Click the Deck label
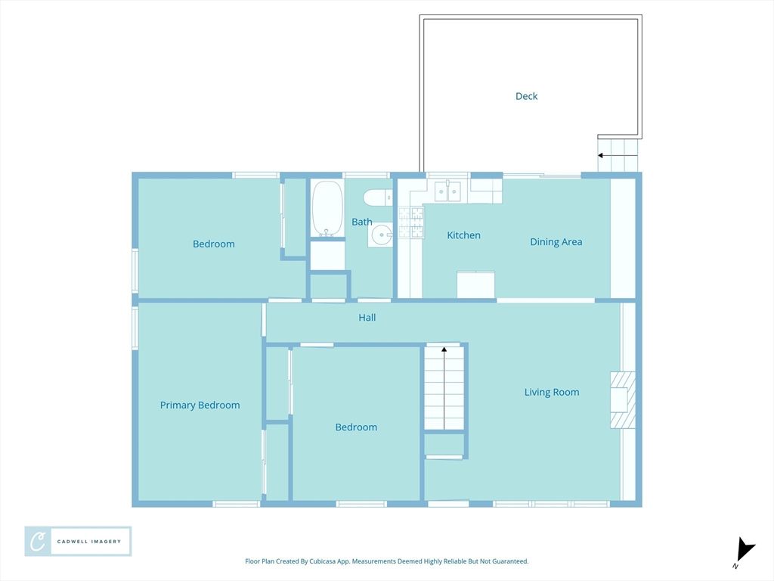(x=526, y=96)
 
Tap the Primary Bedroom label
(x=200, y=405)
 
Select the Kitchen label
(x=463, y=235)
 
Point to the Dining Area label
(x=556, y=241)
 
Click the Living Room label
(x=551, y=393)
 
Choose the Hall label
(x=367, y=318)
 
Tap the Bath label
(x=362, y=222)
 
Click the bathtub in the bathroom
(x=327, y=209)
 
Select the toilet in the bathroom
(x=378, y=198)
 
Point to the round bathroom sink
(x=381, y=235)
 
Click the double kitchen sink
(x=447, y=191)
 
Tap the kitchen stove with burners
(x=410, y=222)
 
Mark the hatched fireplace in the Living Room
(x=623, y=399)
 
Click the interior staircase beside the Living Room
(x=444, y=388)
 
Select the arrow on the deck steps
(x=618, y=155)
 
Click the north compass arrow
(x=745, y=551)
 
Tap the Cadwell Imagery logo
(x=78, y=542)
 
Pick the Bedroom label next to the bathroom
(x=214, y=244)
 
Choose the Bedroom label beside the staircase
(x=356, y=427)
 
